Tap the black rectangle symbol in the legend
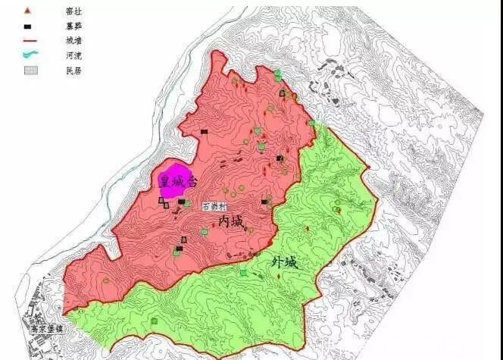point(28,26)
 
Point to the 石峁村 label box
point(214,205)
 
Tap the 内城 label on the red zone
point(230,220)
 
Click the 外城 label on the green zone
point(285,263)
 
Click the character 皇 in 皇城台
point(164,181)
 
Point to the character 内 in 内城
point(224,220)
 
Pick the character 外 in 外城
point(278,263)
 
